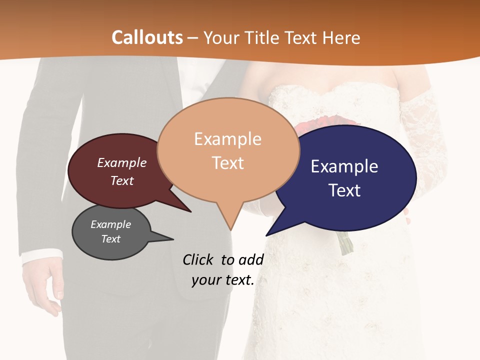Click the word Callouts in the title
147,37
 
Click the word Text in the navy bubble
344,190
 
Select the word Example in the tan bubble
227,139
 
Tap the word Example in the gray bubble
110,224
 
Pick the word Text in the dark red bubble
122,180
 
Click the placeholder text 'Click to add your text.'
223,270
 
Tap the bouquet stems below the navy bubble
344,242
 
